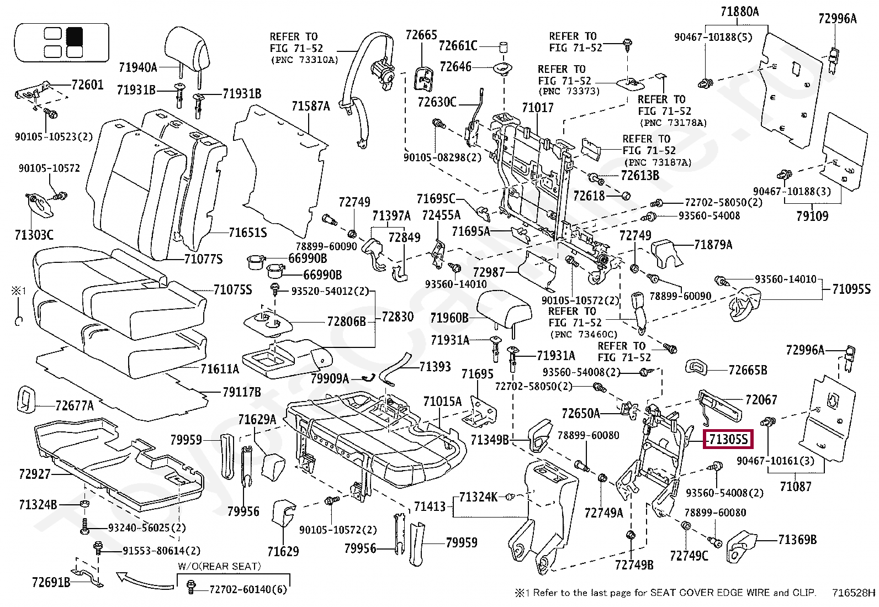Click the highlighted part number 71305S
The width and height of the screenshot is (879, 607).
click(728, 440)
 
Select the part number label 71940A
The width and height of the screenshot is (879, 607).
click(138, 67)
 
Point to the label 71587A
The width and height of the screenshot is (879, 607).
click(310, 106)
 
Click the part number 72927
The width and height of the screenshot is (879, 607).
click(34, 474)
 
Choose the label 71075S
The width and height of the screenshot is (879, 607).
click(232, 289)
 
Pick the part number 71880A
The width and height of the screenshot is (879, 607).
click(739, 12)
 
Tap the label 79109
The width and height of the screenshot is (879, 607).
click(812, 216)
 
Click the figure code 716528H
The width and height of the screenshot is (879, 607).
click(854, 593)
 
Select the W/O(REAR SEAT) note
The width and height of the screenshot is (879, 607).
click(219, 566)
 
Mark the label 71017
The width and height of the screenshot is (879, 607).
click(537, 108)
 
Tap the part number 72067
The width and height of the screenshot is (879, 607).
click(761, 399)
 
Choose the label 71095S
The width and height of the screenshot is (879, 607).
click(851, 289)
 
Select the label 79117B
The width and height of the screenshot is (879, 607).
click(241, 392)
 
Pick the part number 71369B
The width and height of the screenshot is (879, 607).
click(797, 540)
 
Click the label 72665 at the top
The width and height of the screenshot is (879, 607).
click(421, 35)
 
